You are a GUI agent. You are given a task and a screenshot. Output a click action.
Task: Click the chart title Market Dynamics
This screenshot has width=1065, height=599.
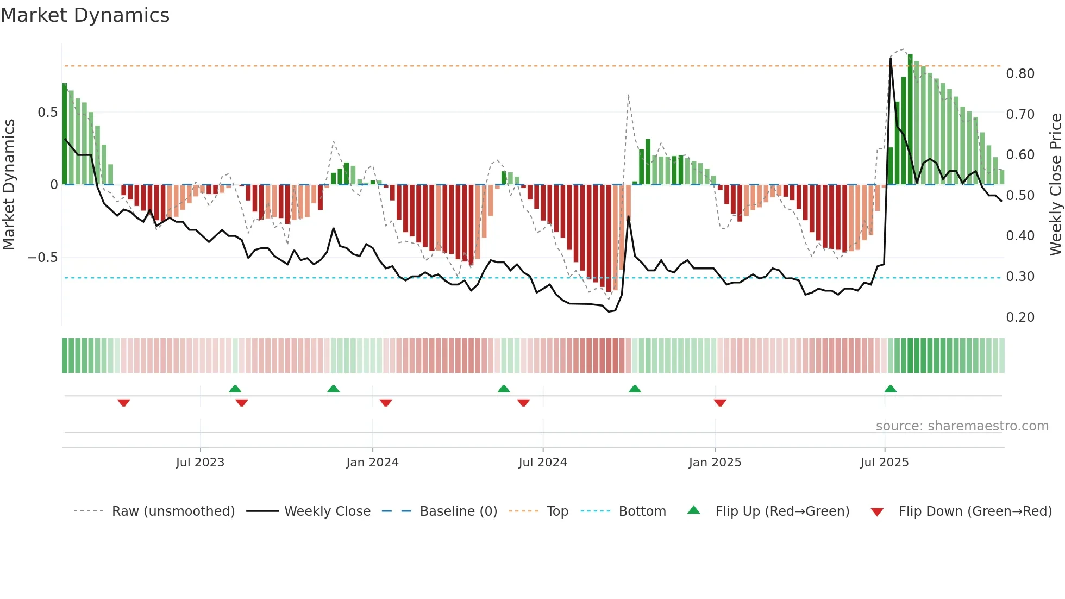(x=85, y=15)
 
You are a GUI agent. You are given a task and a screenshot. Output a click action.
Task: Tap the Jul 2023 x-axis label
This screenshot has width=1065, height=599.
(x=200, y=463)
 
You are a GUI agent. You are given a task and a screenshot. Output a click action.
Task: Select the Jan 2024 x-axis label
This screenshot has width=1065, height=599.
(x=372, y=463)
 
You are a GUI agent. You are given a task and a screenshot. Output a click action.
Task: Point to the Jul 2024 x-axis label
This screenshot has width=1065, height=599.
(x=542, y=463)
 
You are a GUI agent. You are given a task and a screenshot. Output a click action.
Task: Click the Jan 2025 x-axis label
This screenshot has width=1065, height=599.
(x=715, y=463)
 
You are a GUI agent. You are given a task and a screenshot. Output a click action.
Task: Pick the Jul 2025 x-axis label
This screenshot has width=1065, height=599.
(x=884, y=463)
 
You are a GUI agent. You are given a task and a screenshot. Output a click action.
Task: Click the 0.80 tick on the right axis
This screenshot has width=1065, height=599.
(x=1020, y=74)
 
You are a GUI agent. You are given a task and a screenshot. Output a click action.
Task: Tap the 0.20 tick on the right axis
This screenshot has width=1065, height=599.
(x=1020, y=317)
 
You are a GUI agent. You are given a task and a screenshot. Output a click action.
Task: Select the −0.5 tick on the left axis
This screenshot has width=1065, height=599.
(x=43, y=258)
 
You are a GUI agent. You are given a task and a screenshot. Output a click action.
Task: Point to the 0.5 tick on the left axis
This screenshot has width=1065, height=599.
(x=47, y=113)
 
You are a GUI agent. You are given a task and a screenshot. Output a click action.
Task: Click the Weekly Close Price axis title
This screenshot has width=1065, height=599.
(x=1055, y=185)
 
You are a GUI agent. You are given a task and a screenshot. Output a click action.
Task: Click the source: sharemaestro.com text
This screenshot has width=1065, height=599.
(x=962, y=426)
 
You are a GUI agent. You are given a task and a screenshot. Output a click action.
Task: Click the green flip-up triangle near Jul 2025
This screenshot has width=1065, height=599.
(x=890, y=389)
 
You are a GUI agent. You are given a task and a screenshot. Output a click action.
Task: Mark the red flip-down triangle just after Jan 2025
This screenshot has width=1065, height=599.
(x=720, y=403)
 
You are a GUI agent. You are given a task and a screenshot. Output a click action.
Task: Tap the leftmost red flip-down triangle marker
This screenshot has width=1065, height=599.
(x=124, y=403)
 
